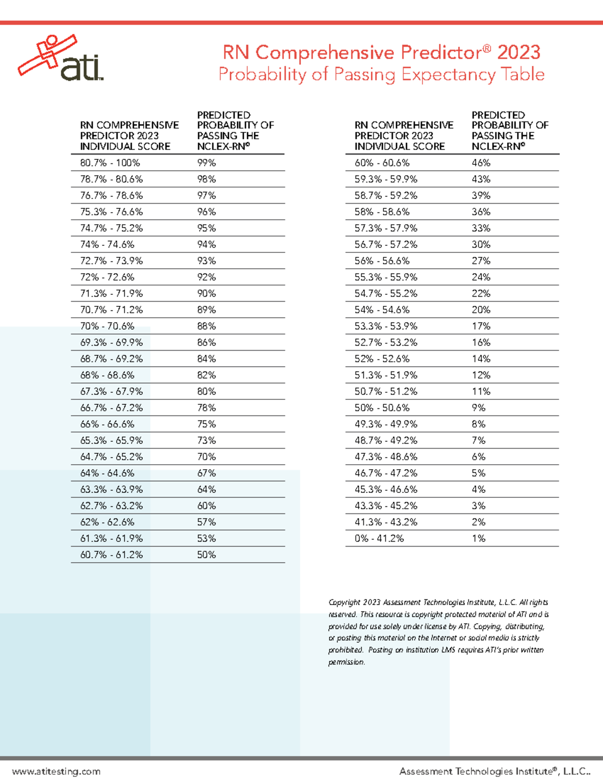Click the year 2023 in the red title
pyautogui.click(x=519, y=52)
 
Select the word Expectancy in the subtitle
pyautogui.click(x=448, y=74)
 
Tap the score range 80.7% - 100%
pyautogui.click(x=110, y=163)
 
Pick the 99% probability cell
pyautogui.click(x=207, y=163)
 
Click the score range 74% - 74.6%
pyautogui.click(x=107, y=244)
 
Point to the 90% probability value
pyautogui.click(x=207, y=293)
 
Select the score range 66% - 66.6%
pyautogui.click(x=107, y=424)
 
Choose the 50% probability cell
pyautogui.click(x=207, y=555)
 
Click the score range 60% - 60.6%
pyautogui.click(x=382, y=163)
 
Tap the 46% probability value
pyautogui.click(x=481, y=163)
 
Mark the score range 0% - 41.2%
pyautogui.click(x=379, y=538)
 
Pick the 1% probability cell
pyautogui.click(x=478, y=538)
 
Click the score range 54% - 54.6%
pyautogui.click(x=382, y=310)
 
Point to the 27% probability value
pyautogui.click(x=481, y=261)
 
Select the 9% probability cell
pyautogui.click(x=478, y=408)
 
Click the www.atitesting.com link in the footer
pyautogui.click(x=56, y=771)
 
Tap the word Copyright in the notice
pyautogui.click(x=344, y=602)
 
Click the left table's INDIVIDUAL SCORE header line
pyautogui.click(x=125, y=146)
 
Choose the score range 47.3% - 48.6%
pyautogui.click(x=386, y=457)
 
